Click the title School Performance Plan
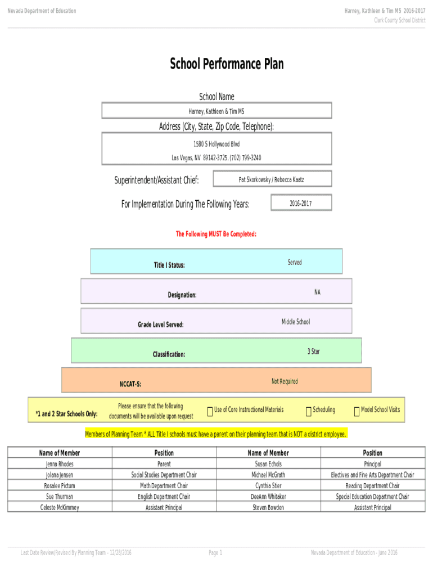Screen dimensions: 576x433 (x=227, y=64)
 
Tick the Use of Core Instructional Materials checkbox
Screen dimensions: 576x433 (x=210, y=412)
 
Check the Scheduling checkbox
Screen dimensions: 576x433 (x=308, y=412)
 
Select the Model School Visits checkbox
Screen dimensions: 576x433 (x=357, y=412)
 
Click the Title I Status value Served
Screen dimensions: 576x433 (x=295, y=263)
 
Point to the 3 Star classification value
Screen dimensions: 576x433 (x=314, y=352)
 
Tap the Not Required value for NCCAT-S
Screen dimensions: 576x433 (x=285, y=381)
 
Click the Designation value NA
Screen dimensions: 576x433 (x=318, y=292)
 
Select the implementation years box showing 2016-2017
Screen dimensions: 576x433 (x=301, y=203)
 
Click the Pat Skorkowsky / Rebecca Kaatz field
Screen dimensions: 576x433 (x=272, y=179)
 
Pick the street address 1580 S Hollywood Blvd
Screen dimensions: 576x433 (x=216, y=145)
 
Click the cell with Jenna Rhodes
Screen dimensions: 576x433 (x=60, y=464)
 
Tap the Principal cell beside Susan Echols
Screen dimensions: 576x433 (x=372, y=464)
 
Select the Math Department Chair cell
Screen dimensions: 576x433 (x=164, y=485)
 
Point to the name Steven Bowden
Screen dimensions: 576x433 (x=268, y=507)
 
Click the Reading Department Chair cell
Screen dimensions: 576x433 (x=372, y=485)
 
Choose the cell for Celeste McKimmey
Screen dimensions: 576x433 (x=60, y=507)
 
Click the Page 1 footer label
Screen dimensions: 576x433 (x=215, y=553)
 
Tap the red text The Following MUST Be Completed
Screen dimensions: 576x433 (x=216, y=234)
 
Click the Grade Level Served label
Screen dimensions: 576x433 (x=161, y=325)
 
